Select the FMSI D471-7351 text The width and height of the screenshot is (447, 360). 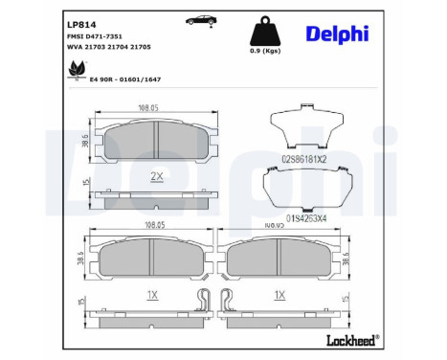(94, 35)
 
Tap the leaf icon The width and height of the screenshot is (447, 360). (74, 67)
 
